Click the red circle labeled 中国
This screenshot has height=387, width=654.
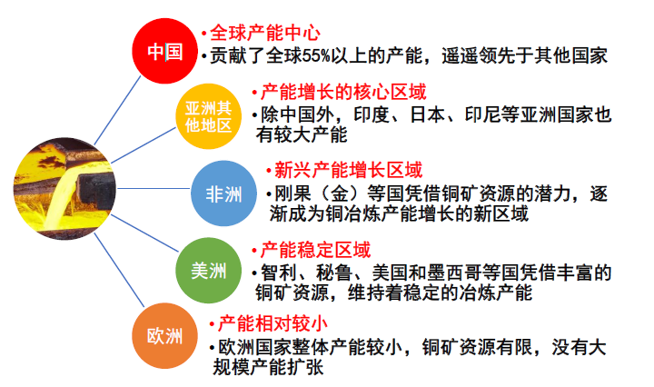click(x=164, y=51)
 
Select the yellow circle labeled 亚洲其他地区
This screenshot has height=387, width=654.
click(x=209, y=116)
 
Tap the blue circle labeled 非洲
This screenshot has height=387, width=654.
click(x=223, y=193)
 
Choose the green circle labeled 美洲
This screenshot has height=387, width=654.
click(x=209, y=271)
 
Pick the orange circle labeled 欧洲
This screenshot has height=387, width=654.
click(x=164, y=336)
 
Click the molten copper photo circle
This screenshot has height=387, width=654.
click(x=64, y=188)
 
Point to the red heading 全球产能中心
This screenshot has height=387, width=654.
click(x=265, y=33)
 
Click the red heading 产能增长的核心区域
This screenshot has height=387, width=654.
click(x=343, y=92)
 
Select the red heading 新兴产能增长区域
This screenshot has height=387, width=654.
click(x=348, y=170)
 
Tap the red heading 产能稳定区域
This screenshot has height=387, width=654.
click(x=315, y=250)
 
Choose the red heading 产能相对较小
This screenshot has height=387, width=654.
click(x=272, y=323)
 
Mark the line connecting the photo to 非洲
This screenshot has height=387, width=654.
click(x=154, y=188)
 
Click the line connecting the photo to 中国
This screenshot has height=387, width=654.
click(x=117, y=110)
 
